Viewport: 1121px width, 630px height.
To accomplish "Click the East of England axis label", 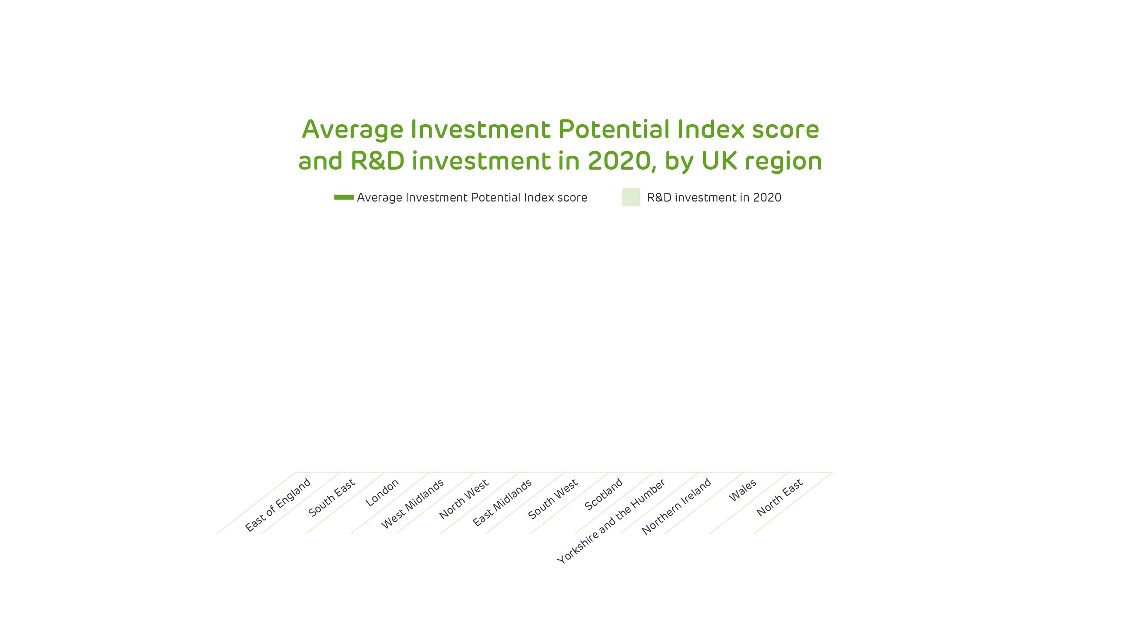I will click(x=278, y=505).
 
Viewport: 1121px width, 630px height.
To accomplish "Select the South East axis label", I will click(x=332, y=498).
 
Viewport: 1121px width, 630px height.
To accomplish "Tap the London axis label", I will click(x=382, y=493).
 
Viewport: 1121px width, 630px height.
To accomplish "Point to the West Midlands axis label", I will click(x=413, y=504).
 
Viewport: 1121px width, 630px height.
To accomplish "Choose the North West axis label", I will click(x=464, y=500).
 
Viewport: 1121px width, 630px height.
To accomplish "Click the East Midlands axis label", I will click(x=503, y=503).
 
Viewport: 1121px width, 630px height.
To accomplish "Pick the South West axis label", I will click(x=553, y=499).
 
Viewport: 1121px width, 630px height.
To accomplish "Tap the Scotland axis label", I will click(x=604, y=494).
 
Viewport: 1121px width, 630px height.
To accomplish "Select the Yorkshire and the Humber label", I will click(x=611, y=521).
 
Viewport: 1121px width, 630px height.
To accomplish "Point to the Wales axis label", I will click(x=743, y=491).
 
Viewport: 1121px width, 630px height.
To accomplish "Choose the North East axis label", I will click(x=780, y=498).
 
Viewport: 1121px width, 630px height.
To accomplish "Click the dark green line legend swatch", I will click(x=344, y=197).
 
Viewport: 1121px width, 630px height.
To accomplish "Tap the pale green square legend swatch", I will click(x=631, y=197).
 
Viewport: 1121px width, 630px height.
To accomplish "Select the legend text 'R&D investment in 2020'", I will click(x=714, y=198).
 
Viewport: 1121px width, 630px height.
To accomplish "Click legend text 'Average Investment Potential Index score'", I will click(x=472, y=198).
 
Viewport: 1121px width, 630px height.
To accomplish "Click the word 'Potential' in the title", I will click(x=615, y=129).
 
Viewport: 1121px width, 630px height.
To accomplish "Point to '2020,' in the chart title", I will click(x=622, y=161).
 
